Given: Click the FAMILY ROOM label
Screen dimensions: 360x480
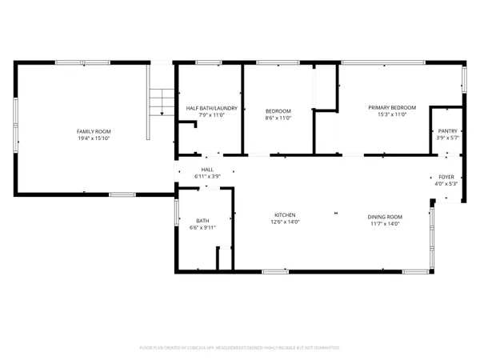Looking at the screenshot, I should [94, 130].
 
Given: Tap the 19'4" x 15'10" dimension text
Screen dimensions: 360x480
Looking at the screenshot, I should [94, 138].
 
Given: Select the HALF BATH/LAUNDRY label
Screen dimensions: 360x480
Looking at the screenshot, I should [208, 108].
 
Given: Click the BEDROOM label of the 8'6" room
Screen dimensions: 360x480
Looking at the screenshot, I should [278, 110].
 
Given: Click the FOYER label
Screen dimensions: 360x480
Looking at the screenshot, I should [446, 177].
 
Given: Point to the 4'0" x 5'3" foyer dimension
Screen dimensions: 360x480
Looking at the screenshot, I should [446, 184].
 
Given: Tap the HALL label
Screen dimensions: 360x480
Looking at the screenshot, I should [207, 170].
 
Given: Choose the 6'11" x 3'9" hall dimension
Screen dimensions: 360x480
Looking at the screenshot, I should [207, 176].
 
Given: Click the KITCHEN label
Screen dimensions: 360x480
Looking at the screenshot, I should [286, 216].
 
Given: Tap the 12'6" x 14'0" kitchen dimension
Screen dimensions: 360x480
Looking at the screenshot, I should [286, 223].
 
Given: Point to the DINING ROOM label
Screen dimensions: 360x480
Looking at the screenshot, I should [385, 217].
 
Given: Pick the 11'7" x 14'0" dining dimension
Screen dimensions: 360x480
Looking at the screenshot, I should [385, 224].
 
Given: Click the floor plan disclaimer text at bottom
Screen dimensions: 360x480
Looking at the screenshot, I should [240, 348].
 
